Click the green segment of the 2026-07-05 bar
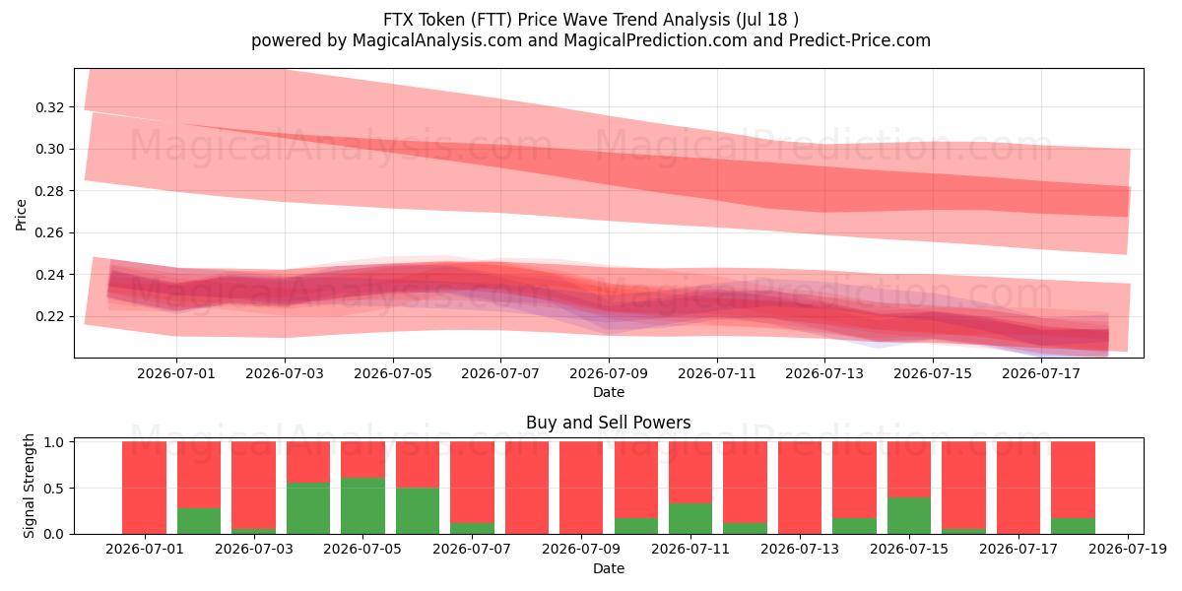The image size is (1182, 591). pos(362,505)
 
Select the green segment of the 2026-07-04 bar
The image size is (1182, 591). pos(308,508)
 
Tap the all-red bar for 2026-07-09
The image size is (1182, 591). pos(581,488)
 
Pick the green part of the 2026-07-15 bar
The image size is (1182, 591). pos(909,515)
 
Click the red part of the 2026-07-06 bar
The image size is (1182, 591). pos(418,464)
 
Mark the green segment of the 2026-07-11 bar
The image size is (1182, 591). pos(690,519)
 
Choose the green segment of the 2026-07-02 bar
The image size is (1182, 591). pos(199,521)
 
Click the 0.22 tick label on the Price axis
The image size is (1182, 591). pos(49,316)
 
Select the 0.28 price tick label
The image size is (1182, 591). pos(49,191)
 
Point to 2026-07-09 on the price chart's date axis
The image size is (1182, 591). pos(609,373)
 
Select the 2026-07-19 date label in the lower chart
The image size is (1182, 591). pos(1128,549)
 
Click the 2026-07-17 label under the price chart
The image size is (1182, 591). pos(1040,373)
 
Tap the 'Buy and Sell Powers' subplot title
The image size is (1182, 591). pos(609,423)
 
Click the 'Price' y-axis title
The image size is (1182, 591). pos(21,215)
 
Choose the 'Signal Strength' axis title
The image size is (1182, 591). pos(29,486)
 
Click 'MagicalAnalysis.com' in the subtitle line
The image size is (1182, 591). pos(437,40)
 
